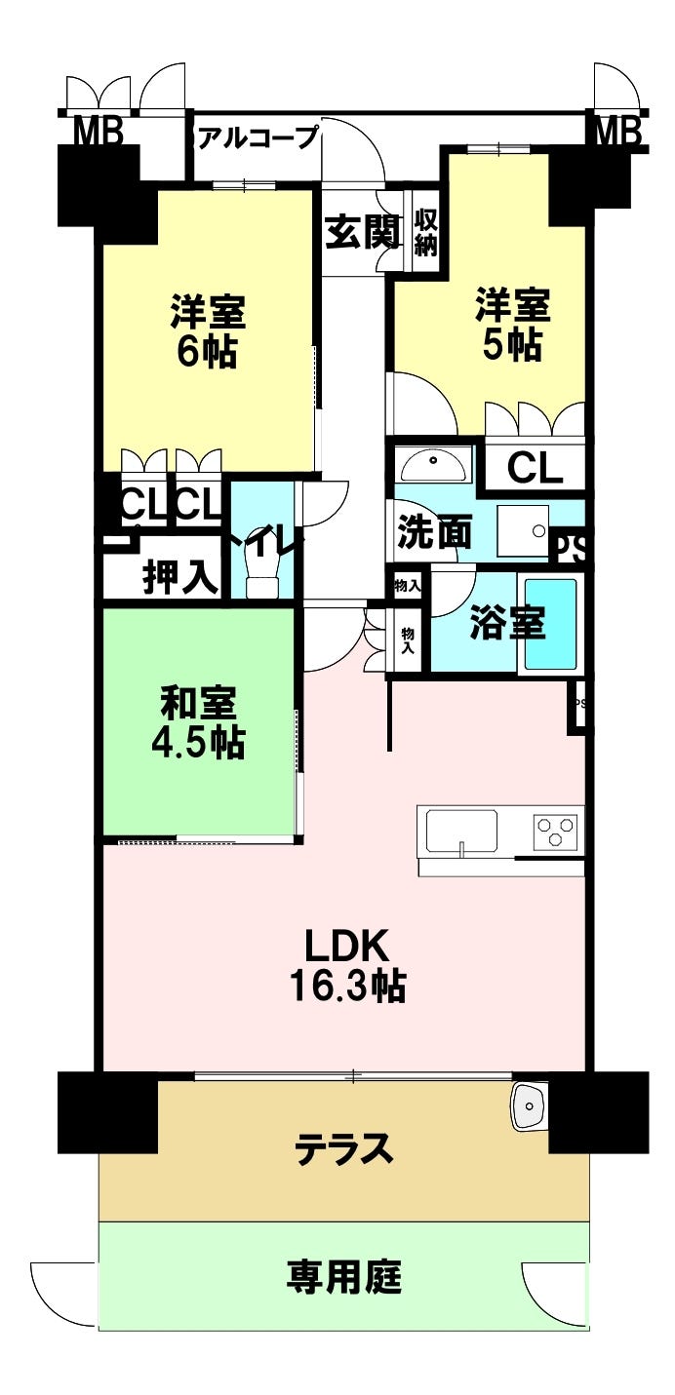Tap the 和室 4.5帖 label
[198, 723]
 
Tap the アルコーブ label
[258, 137]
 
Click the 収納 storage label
[425, 232]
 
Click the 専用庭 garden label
[344, 1276]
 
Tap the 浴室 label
[507, 624]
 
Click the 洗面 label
[434, 533]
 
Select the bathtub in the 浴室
[550, 624]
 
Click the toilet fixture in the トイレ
[262, 569]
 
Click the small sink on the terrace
[530, 1106]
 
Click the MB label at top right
[616, 130]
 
